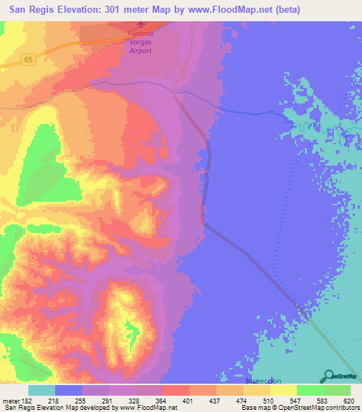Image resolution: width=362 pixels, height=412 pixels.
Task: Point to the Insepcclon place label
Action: click(x=262, y=382)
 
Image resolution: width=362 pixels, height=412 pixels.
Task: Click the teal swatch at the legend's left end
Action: click(x=42, y=390)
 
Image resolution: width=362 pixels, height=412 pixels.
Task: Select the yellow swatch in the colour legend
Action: click(x=284, y=390)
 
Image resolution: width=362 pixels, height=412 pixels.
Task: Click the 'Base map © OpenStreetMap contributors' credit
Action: click(x=299, y=408)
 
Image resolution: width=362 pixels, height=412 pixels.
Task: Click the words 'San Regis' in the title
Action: click(x=30, y=10)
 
